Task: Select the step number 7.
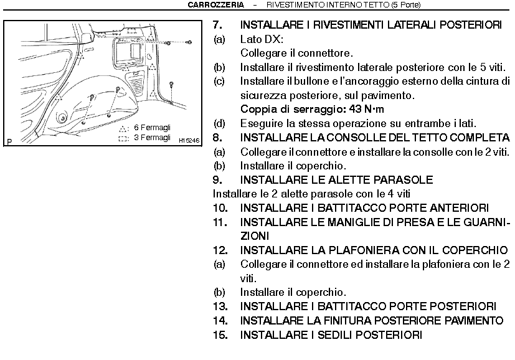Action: coord(217,26)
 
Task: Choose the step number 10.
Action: coord(220,208)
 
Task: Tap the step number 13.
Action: coord(220,306)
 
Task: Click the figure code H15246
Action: coord(189,141)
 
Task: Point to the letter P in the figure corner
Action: coord(10,141)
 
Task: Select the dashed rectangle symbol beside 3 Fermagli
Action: coord(123,138)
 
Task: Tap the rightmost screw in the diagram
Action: coord(189,41)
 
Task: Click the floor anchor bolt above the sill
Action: coord(171,83)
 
